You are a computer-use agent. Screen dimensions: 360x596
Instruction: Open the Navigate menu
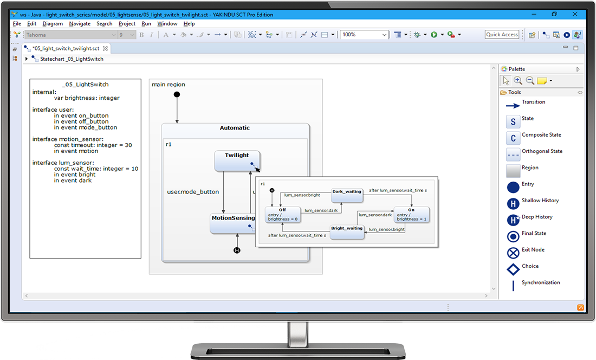tap(80, 24)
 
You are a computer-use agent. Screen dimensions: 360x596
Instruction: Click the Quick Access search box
tap(502, 35)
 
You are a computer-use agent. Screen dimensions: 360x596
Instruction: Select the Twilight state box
tap(237, 160)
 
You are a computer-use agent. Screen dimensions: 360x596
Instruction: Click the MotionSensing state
tap(232, 222)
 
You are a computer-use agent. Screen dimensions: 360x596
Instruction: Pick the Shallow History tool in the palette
tap(513, 203)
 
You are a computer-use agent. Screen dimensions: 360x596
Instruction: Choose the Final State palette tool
tap(513, 236)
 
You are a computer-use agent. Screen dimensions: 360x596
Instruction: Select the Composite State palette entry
tap(513, 138)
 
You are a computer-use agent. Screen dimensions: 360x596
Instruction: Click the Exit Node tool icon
tap(513, 253)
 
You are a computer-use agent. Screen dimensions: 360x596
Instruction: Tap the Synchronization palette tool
tap(513, 285)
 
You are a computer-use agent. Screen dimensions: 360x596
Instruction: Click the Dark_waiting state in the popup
tap(346, 195)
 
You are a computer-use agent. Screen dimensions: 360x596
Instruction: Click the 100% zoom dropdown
tap(364, 35)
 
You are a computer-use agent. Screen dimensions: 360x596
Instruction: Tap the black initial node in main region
tap(177, 95)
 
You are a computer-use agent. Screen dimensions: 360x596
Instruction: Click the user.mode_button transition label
tap(193, 192)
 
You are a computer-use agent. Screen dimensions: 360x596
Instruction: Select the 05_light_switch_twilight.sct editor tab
tap(66, 48)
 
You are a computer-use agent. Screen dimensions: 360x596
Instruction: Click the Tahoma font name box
tap(70, 35)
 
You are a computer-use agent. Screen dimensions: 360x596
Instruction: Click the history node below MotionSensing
tap(237, 250)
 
